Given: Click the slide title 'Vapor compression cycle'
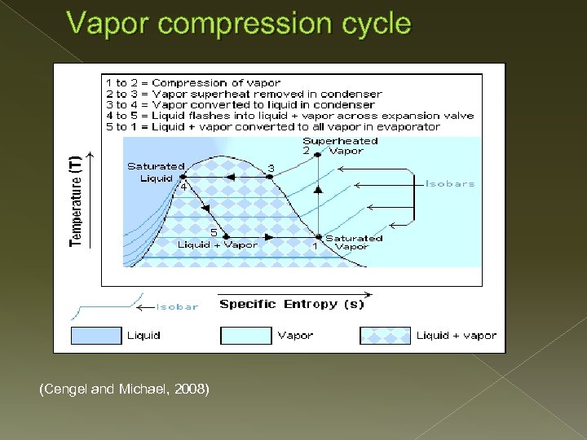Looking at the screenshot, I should point(240,24).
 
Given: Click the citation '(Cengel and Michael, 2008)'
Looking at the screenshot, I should point(124,390).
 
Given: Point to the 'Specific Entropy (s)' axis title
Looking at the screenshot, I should point(291,304).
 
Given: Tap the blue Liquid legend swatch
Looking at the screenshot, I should point(96,335).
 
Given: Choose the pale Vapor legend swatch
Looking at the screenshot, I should point(245,335).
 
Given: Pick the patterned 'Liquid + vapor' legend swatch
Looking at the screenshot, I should point(385,335).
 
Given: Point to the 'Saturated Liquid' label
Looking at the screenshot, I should point(156,172).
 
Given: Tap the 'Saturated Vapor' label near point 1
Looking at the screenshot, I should point(353,242).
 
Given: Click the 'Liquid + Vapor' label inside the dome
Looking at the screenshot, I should point(218,244).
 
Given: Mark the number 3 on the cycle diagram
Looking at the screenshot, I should point(271,168).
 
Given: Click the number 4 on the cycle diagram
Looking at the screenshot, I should point(183,186).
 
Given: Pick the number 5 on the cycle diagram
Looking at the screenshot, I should point(214,231).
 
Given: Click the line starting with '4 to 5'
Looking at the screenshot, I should point(289,115).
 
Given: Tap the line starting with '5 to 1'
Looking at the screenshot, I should point(272,126).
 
